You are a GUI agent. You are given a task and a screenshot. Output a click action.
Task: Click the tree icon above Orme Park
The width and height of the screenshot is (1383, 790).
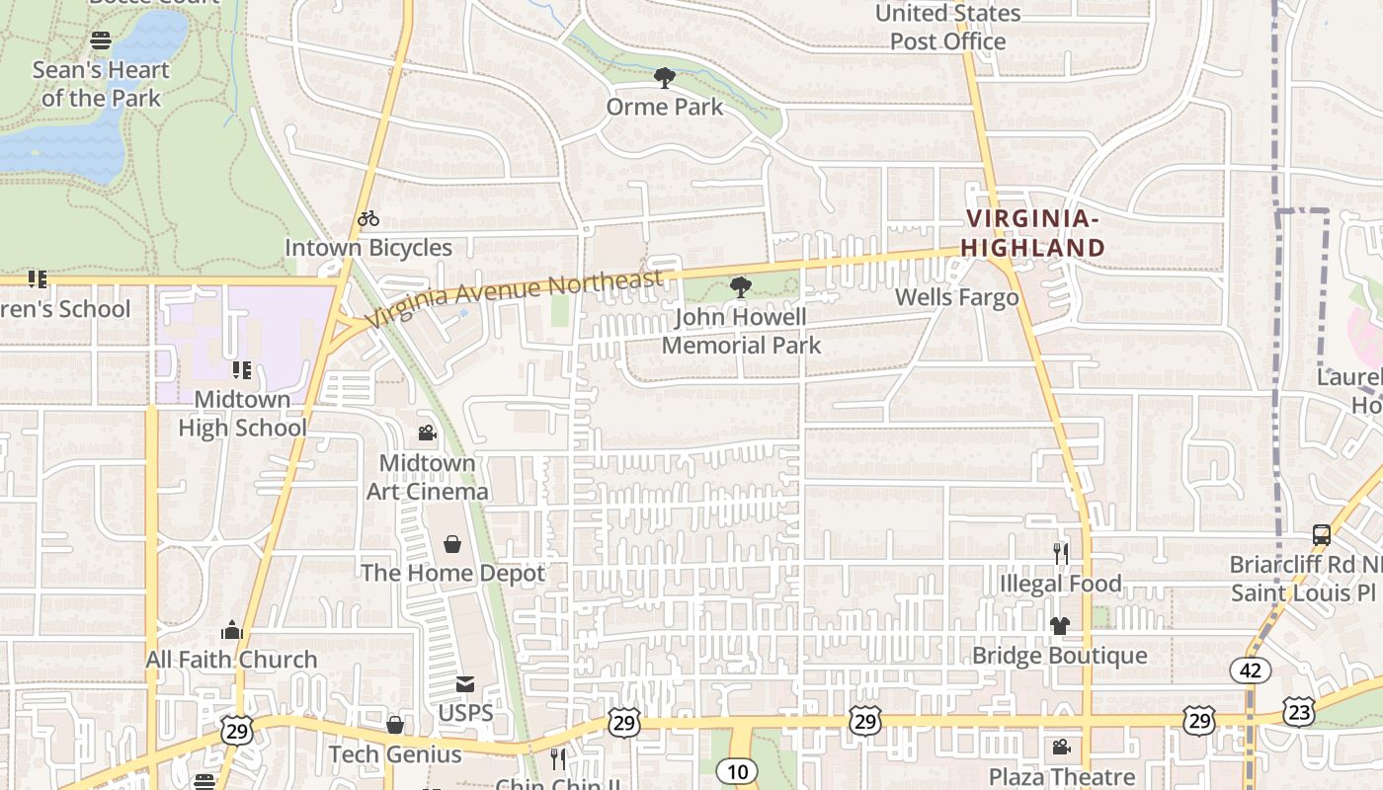click(665, 77)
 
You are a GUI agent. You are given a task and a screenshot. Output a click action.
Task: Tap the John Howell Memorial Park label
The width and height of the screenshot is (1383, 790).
click(741, 331)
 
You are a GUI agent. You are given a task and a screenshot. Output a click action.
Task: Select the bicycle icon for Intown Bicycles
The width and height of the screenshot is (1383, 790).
click(368, 218)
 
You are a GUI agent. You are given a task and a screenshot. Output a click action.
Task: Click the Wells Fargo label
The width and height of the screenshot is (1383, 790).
click(956, 297)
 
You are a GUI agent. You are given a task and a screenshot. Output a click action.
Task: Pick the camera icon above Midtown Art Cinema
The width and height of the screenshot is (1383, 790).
click(427, 433)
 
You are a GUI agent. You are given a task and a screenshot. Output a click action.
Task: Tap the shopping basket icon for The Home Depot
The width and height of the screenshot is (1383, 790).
click(451, 544)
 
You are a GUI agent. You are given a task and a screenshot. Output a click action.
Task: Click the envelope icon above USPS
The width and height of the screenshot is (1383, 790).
click(464, 683)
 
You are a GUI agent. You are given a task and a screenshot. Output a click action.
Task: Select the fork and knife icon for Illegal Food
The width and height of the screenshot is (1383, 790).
click(1060, 554)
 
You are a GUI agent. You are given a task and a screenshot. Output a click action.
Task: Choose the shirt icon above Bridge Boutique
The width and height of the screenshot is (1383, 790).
click(1059, 626)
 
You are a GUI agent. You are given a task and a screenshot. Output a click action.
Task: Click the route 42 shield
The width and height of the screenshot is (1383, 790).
click(1251, 671)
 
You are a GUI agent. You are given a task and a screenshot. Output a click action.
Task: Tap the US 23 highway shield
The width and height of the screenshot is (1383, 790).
click(1299, 710)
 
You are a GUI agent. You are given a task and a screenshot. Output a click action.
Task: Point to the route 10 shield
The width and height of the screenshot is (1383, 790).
click(737, 771)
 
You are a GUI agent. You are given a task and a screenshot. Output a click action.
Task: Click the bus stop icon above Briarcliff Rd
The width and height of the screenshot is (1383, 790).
click(1321, 535)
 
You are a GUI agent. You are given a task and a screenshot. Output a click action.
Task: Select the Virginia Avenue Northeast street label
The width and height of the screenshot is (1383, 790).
click(514, 299)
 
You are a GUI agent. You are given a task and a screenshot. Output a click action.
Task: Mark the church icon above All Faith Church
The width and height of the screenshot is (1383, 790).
click(232, 630)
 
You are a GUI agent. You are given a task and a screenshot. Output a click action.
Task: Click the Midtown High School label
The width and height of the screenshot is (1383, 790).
click(242, 413)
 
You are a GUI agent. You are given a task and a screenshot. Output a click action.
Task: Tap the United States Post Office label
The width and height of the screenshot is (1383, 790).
click(947, 27)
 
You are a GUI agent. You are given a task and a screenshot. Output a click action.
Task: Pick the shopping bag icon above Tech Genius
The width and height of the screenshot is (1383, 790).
click(394, 726)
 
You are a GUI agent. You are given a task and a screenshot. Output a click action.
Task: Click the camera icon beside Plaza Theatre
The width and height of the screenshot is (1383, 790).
click(1061, 748)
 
